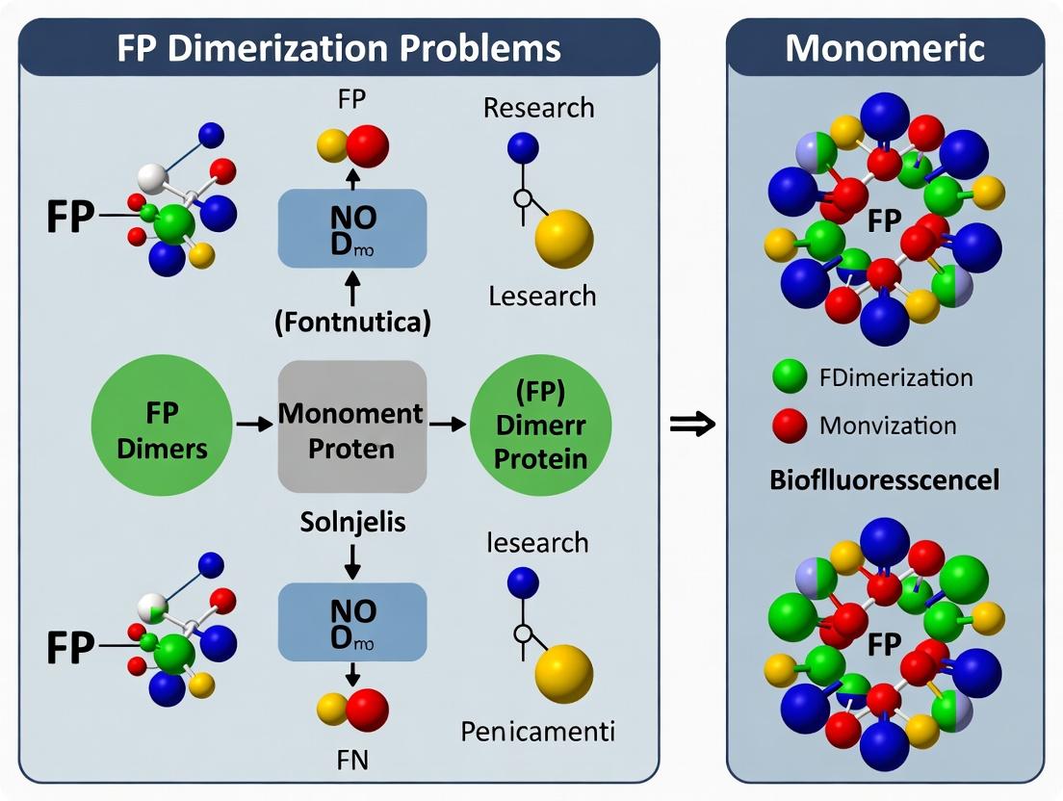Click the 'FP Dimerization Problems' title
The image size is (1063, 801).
(339, 48)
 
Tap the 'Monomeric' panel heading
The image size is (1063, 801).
(885, 48)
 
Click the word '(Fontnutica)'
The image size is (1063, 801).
(351, 323)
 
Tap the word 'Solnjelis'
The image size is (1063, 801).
(351, 524)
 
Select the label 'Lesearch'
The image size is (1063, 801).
(540, 296)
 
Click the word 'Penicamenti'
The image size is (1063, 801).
(537, 731)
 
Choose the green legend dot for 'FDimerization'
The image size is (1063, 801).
(790, 377)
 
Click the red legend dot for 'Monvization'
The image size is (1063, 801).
(790, 425)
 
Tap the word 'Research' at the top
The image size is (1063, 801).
(538, 107)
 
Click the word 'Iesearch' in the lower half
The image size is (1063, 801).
(537, 542)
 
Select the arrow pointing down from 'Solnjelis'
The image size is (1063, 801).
(352, 560)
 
